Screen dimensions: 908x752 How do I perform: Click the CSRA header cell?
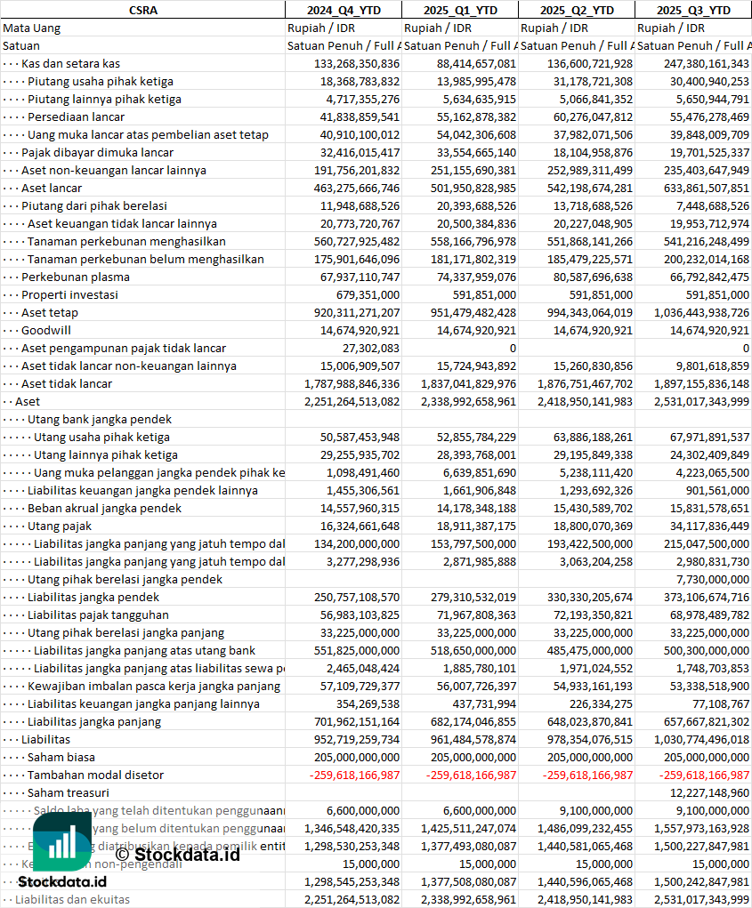pos(142,10)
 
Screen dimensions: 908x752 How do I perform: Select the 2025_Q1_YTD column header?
pos(459,10)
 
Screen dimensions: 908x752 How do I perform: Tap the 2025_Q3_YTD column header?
pos(693,10)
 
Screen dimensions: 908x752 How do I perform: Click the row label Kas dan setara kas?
pos(70,63)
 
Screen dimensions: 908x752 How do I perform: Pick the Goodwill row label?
pos(46,330)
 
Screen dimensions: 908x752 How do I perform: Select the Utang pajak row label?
pos(60,526)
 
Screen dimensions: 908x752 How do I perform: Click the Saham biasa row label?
pos(61,757)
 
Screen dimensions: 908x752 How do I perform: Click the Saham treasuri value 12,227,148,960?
pos(709,792)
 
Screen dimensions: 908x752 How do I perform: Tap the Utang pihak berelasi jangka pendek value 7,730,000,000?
pos(709,579)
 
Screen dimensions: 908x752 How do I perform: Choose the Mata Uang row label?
pos(32,28)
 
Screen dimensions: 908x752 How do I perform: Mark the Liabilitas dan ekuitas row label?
pos(72,899)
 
